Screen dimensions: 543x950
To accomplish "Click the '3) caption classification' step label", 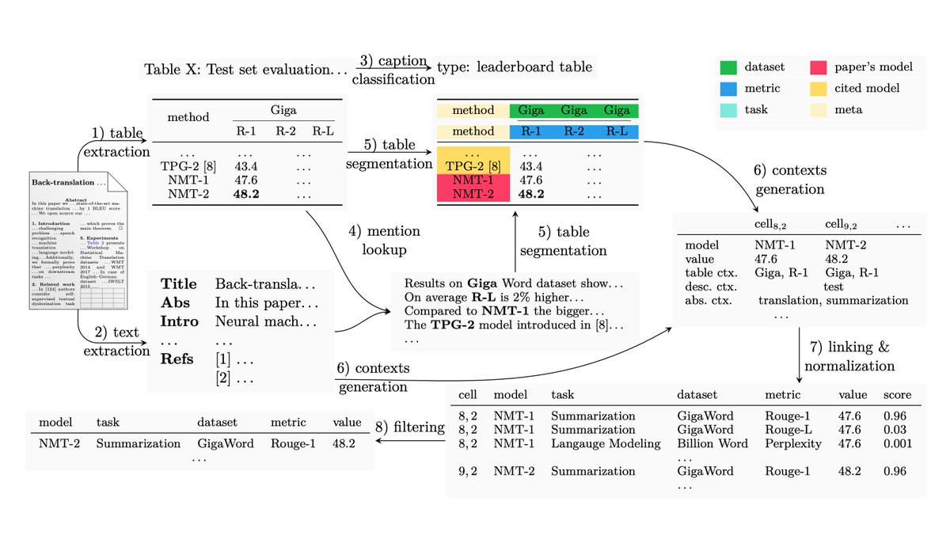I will (393, 70).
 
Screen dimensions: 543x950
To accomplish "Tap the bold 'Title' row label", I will (178, 284).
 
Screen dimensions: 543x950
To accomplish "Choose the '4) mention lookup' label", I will (383, 241).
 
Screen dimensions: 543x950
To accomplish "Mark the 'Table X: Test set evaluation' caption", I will (245, 69).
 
